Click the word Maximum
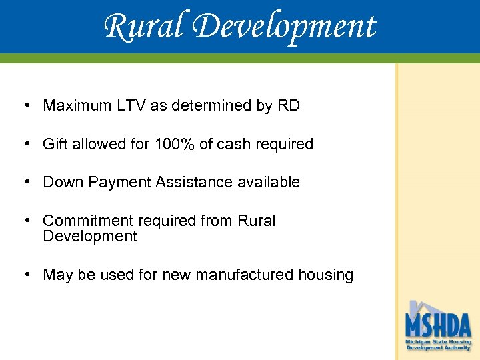click(x=75, y=105)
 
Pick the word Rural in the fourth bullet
click(x=256, y=221)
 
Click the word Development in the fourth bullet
click(x=89, y=236)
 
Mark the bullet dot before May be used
click(x=25, y=275)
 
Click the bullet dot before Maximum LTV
click(x=25, y=105)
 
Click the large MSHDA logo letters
click(x=439, y=325)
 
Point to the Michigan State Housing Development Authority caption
click(x=439, y=345)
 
